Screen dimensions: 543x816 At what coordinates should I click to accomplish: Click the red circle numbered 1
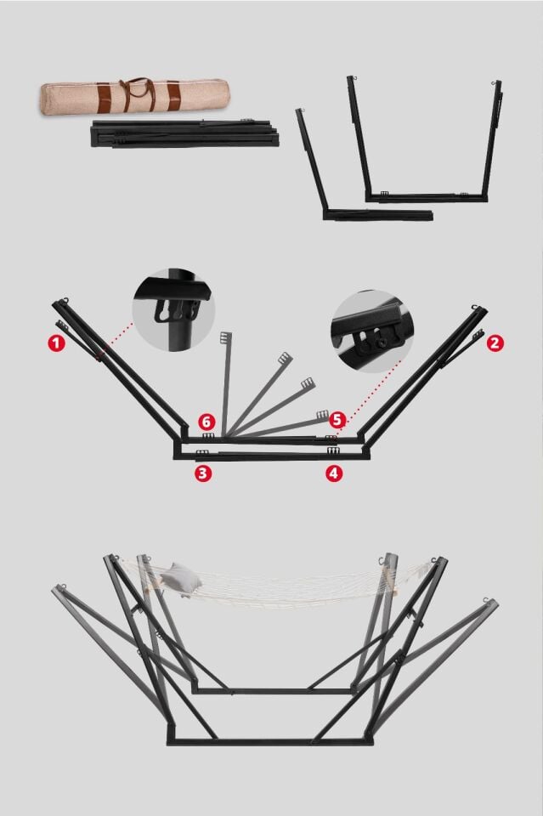(57, 343)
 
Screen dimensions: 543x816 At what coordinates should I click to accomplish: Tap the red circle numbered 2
(495, 343)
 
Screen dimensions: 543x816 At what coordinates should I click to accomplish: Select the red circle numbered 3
(203, 473)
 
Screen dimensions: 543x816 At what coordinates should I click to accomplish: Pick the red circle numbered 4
(334, 473)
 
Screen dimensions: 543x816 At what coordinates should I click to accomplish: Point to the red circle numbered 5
(337, 420)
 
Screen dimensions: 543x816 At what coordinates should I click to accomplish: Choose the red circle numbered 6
(206, 421)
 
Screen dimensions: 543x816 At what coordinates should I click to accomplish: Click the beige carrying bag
(135, 96)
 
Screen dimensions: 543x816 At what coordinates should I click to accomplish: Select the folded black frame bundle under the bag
(184, 133)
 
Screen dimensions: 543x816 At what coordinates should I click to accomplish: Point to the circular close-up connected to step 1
(173, 310)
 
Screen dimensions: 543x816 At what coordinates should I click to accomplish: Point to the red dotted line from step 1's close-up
(116, 340)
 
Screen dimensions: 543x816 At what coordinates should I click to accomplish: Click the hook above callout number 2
(475, 308)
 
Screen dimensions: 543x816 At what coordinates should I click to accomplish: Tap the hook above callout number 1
(65, 300)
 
